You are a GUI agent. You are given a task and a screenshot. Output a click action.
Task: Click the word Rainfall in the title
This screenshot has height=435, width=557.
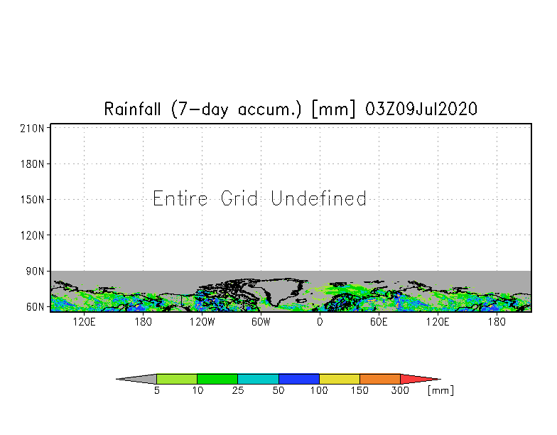click(134, 109)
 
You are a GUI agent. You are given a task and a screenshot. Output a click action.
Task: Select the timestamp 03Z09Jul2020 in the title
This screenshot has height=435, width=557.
click(421, 109)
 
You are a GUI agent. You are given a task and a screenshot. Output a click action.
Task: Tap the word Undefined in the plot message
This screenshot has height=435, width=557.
click(319, 198)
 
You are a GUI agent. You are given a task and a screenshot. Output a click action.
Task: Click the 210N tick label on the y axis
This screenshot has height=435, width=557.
click(33, 128)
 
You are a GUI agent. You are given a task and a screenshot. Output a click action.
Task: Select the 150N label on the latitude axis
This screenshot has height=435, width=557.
click(33, 199)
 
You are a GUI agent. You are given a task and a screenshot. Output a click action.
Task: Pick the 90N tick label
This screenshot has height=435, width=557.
click(36, 271)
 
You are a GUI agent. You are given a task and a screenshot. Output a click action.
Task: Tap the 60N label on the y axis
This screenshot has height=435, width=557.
click(36, 307)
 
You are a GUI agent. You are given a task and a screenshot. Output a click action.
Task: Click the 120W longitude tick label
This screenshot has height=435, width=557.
click(202, 322)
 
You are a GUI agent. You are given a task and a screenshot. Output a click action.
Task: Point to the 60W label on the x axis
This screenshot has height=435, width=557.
click(261, 322)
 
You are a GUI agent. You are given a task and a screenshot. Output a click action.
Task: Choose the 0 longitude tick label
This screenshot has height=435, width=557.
click(320, 322)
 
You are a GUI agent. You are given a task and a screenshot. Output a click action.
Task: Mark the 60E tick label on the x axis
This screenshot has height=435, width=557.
click(379, 322)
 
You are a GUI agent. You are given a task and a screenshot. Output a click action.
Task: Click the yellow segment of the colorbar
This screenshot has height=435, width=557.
click(340, 379)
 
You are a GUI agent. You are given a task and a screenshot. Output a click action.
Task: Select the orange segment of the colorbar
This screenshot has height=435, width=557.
click(380, 379)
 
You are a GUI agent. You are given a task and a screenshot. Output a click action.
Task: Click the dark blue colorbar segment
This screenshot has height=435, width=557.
click(299, 379)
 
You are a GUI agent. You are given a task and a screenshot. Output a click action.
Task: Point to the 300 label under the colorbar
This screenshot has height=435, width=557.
click(400, 391)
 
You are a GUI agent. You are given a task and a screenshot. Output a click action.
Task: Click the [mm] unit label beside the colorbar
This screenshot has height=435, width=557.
click(440, 391)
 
